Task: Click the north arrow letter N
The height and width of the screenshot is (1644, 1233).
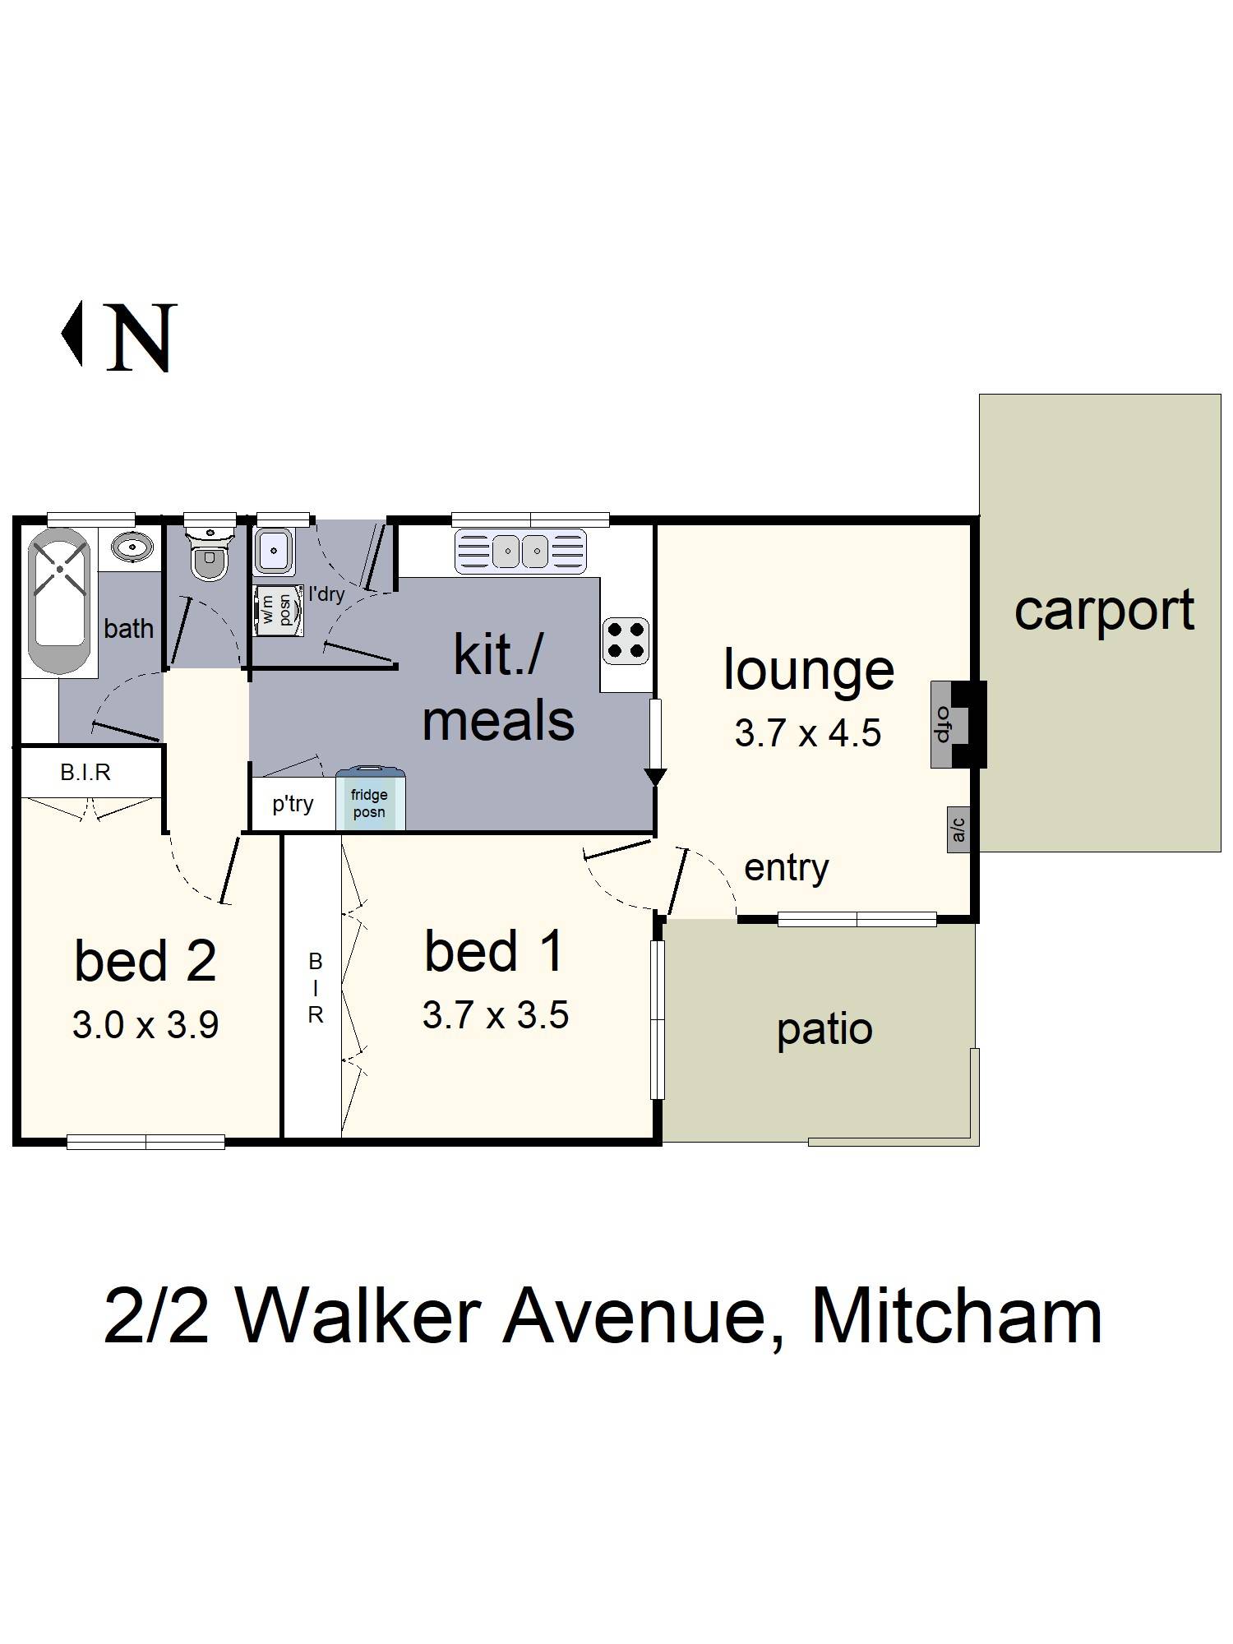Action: (x=141, y=337)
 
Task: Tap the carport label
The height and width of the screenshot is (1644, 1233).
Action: (x=1103, y=611)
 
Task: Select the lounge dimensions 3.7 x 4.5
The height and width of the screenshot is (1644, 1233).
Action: (x=807, y=732)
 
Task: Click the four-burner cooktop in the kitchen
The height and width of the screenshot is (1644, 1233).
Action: (x=626, y=640)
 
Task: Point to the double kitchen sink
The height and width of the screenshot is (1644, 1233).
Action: (x=520, y=550)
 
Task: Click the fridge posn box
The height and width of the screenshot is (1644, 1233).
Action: (x=370, y=801)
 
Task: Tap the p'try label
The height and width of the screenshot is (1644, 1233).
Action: (x=293, y=803)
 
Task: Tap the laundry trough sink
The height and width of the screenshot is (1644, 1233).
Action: (x=273, y=550)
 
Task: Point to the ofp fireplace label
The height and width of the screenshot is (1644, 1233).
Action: (x=943, y=724)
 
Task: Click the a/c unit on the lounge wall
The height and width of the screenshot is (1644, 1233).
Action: (x=958, y=829)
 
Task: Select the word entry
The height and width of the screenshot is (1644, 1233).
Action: (x=786, y=868)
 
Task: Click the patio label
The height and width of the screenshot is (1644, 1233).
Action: (x=824, y=1030)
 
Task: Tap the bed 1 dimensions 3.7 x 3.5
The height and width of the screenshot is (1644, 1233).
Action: (x=495, y=1016)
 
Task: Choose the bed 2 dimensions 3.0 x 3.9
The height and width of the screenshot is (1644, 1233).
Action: (x=145, y=1026)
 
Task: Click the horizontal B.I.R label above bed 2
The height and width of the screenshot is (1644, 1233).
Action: (x=85, y=773)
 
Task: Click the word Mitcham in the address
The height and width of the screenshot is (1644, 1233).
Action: (x=957, y=1318)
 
